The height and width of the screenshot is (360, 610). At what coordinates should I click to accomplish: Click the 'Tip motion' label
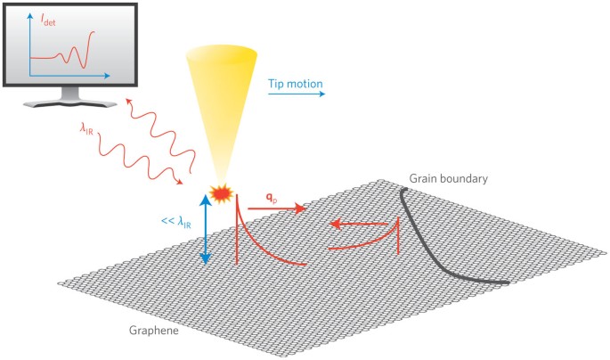click(x=295, y=85)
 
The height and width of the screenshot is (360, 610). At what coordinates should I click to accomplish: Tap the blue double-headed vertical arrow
click(x=206, y=231)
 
